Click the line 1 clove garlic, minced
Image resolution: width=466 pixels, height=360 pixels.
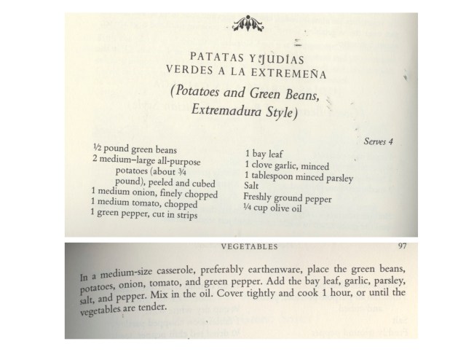point(287,165)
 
